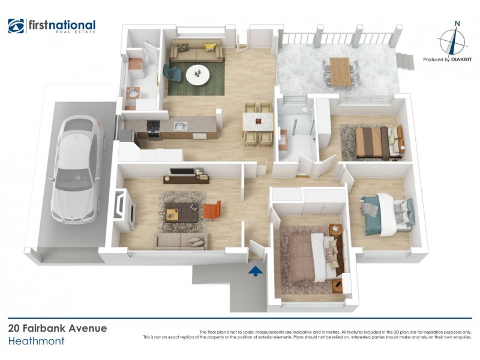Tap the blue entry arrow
coord(256,271)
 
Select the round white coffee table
coord(197,75)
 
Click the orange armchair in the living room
coord(212,209)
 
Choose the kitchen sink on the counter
coord(181,125)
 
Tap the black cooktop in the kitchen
coord(153,125)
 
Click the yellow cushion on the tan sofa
coord(209,47)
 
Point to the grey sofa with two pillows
coord(181,241)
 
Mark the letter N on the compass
coord(457,25)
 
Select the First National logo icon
coord(16,26)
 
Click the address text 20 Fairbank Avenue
coord(58,328)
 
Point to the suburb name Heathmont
coord(36,341)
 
